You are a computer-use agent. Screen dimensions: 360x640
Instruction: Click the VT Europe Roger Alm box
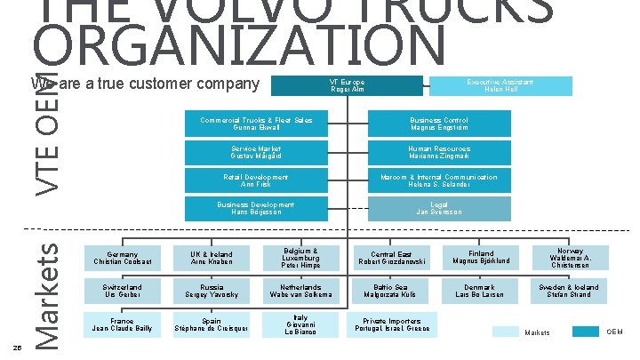coord(347,86)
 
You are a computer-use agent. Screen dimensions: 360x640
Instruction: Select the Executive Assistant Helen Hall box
coord(500,86)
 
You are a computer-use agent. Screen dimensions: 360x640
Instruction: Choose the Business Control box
coord(438,124)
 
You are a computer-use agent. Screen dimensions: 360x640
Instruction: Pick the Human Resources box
coord(438,152)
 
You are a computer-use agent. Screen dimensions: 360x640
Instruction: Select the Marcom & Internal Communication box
coord(438,180)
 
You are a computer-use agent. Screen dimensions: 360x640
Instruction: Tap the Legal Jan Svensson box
coord(438,209)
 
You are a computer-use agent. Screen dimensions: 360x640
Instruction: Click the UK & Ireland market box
coord(210,258)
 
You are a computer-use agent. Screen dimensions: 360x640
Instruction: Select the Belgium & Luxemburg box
coord(302,258)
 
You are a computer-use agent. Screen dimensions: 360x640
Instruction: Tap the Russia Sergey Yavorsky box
coord(210,292)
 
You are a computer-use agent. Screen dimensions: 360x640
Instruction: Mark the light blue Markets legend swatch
coord(505,332)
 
